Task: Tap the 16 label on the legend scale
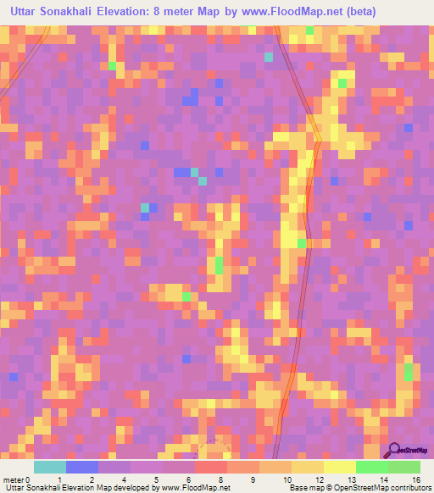416,479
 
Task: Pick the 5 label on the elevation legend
156,479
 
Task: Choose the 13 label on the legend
351,479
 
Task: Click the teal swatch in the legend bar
49,467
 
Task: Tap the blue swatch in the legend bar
82,467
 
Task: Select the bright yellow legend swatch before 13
339,467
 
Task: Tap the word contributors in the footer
408,488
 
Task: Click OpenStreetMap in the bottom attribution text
355,488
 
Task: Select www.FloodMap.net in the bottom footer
196,488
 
